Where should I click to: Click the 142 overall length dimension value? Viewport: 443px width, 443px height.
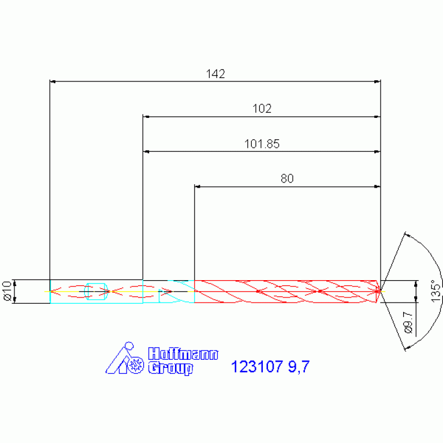215,74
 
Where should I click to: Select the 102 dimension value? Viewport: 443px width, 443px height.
262,109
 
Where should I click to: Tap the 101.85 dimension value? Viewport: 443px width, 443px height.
262,144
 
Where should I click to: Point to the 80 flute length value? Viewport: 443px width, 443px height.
287,178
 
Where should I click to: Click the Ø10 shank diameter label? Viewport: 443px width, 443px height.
7,291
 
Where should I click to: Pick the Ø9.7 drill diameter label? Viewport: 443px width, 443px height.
408,323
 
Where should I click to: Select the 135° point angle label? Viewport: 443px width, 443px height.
435,291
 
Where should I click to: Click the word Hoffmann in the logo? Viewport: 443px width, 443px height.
183,353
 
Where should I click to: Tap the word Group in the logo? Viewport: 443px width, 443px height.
170,368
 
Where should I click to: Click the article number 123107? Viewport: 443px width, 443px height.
257,366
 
